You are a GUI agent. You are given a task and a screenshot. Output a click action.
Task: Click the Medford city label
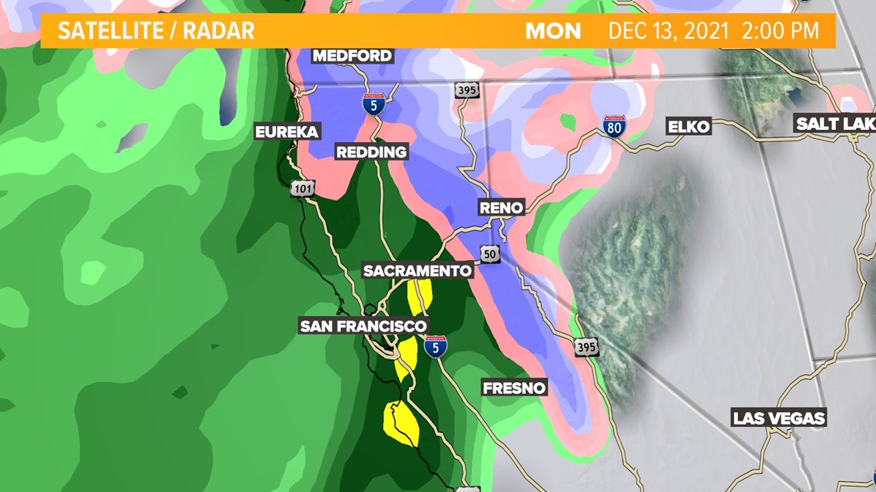coord(353,55)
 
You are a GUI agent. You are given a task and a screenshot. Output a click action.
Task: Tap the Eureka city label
coord(287,132)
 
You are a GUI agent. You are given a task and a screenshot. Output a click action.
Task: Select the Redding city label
coord(371,152)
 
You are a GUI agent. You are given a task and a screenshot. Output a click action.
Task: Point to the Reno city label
coord(501,207)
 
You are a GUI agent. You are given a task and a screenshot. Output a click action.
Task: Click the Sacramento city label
coord(417,270)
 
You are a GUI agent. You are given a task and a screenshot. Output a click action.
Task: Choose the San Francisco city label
coord(363,326)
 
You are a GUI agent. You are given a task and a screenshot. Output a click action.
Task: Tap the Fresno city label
coord(514,388)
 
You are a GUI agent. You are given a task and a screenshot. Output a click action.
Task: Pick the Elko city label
coord(689,127)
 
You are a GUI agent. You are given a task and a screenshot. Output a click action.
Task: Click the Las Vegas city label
coord(778,418)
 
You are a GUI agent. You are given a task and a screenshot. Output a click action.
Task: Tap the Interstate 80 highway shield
coord(613,127)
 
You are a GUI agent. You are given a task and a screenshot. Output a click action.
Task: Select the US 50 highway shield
coord(490,253)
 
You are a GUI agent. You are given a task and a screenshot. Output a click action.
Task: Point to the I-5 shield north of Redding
coord(374,104)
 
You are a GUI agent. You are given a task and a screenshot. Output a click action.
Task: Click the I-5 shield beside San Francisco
coord(436,348)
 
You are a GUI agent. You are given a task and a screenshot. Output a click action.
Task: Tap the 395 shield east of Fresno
coord(586,347)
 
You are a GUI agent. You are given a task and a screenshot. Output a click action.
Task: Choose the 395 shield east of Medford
coord(466,90)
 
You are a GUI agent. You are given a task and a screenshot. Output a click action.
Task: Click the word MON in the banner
coord(553,31)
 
